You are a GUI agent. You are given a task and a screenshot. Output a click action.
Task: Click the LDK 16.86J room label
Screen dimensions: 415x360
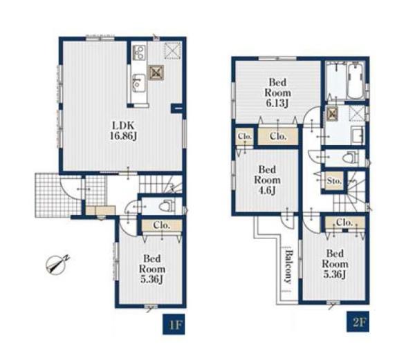(124, 131)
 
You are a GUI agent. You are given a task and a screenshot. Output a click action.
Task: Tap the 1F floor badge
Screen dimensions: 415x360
(174, 324)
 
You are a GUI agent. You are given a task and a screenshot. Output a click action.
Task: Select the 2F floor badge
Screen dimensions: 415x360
(358, 322)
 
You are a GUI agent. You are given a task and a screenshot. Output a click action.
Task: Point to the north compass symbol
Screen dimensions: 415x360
(56, 264)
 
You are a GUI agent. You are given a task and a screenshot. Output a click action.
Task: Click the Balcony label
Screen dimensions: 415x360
(288, 267)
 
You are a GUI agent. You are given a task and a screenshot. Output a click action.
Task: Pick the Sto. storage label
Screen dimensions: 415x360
(334, 181)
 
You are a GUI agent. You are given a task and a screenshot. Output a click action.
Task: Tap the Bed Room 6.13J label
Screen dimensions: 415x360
(277, 93)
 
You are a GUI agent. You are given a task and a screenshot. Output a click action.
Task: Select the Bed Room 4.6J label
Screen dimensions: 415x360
(267, 180)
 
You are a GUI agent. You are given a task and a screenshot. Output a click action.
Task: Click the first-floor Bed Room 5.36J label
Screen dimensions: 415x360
(152, 269)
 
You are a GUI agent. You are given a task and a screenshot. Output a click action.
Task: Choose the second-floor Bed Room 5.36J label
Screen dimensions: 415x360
(335, 264)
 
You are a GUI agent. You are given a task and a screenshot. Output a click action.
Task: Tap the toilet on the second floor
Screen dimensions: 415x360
(350, 158)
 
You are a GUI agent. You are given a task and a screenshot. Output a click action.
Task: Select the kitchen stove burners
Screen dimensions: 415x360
(139, 53)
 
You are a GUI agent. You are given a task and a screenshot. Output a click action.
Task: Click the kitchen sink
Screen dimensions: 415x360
(139, 83)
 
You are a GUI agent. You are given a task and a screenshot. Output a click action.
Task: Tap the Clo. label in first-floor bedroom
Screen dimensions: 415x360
(161, 225)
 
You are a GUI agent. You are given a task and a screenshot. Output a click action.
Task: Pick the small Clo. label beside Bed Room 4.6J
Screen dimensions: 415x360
(244, 137)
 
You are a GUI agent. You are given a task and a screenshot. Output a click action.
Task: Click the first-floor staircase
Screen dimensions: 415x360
(160, 184)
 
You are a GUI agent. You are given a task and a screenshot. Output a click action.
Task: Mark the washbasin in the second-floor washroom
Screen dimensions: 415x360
(358, 135)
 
